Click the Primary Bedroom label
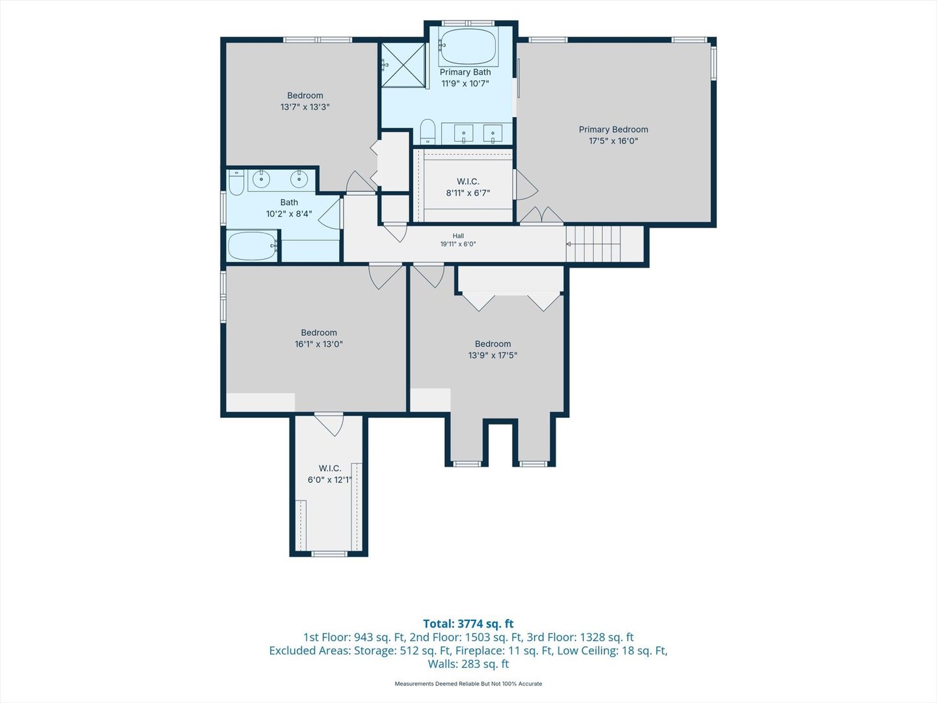click(614, 130)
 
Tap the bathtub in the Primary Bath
click(468, 46)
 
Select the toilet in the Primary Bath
click(428, 131)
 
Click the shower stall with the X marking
click(403, 65)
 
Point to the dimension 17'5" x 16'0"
click(614, 141)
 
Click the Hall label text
click(458, 236)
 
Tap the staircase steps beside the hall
click(593, 243)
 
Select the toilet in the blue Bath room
click(236, 182)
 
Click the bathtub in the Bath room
click(252, 246)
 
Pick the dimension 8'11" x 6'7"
click(468, 193)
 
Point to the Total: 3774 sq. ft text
click(468, 624)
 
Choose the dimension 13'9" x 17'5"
click(493, 355)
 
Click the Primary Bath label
click(465, 72)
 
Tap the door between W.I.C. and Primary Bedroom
click(526, 184)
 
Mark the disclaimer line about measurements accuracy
click(468, 683)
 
